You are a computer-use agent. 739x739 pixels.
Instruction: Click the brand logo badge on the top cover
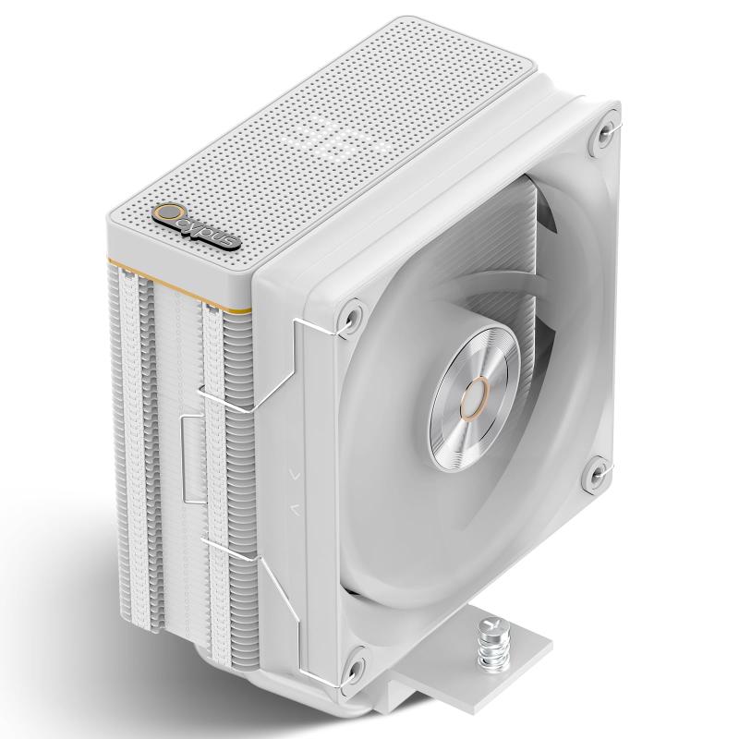[x=197, y=227]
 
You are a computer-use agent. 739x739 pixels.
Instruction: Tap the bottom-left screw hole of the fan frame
[x=353, y=665]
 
